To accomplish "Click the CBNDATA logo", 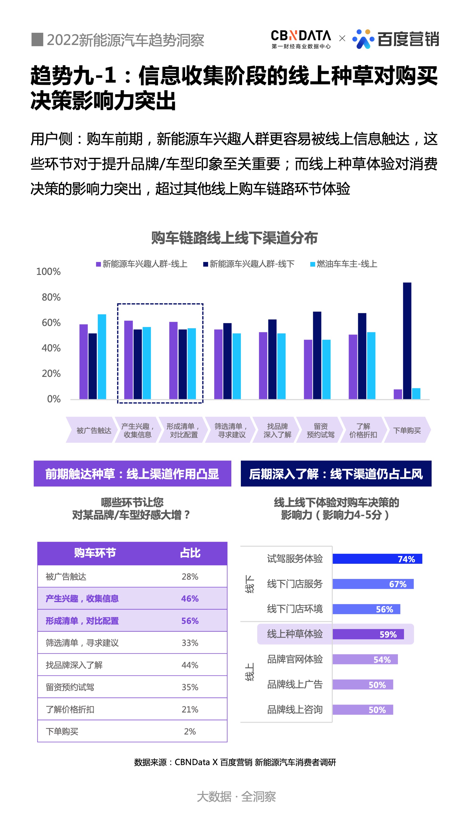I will [x=301, y=39].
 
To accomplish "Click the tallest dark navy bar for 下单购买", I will [x=407, y=340].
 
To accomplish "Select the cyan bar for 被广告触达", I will [x=102, y=356].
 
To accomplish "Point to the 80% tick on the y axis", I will [x=51, y=297].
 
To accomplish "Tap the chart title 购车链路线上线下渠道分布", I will [x=234, y=238].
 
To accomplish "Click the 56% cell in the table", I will [x=190, y=620].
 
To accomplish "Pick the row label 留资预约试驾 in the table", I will [x=70, y=687].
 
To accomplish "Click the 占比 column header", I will [x=190, y=553].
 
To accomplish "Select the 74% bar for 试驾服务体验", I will [x=377, y=559].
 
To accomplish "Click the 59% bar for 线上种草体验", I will [x=368, y=634].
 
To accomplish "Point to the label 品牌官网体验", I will [x=295, y=659].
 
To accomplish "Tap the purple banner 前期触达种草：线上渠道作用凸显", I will [x=132, y=473].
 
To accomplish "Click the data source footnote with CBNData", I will [x=235, y=762].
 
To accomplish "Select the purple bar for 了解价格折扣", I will [x=353, y=367].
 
